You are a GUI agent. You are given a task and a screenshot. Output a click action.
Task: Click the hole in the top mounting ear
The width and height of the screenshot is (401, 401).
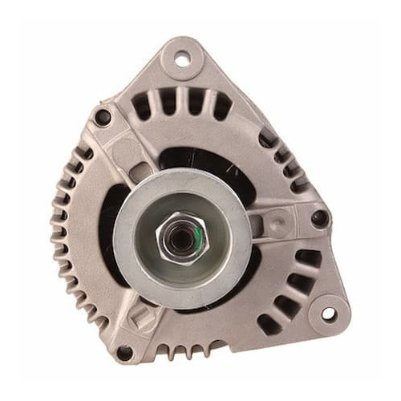181,58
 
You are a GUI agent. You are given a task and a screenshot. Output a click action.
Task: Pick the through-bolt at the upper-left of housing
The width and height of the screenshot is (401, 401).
103,118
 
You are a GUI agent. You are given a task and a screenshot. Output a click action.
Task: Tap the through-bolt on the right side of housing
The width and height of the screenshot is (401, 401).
319,217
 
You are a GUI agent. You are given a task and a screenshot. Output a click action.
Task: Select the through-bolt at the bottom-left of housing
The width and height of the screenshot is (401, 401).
124,352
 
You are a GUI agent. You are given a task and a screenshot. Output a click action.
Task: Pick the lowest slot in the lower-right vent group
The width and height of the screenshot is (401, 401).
266,324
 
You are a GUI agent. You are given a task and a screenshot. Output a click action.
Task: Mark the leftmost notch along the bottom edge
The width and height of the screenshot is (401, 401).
160,350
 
